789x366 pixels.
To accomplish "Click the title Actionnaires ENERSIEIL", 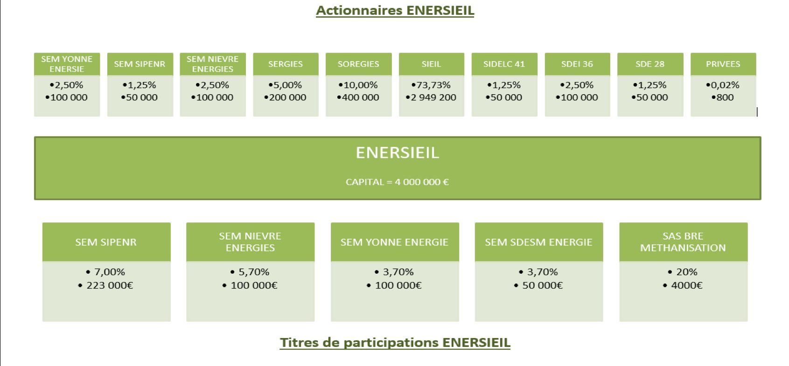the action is pyautogui.click(x=395, y=11).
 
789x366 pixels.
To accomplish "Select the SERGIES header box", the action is pyautogui.click(x=286, y=64).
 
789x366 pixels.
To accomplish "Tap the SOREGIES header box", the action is pyautogui.click(x=358, y=64).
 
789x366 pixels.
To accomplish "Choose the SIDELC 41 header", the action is pyautogui.click(x=504, y=64).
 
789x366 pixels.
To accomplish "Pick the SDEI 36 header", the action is pyautogui.click(x=577, y=64).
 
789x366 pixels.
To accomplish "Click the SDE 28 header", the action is pyautogui.click(x=650, y=64).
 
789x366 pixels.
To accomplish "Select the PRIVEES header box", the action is pyautogui.click(x=723, y=64).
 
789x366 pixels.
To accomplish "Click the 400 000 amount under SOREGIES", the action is pyautogui.click(x=358, y=97).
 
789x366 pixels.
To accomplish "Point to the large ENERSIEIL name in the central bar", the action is pyautogui.click(x=398, y=153).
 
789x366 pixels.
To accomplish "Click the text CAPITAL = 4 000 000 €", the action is pyautogui.click(x=398, y=182).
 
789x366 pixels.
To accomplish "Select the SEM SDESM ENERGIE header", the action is pyautogui.click(x=538, y=242).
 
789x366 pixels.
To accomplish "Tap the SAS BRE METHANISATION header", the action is pyautogui.click(x=684, y=242).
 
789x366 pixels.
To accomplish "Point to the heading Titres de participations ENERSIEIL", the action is pyautogui.click(x=395, y=343).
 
